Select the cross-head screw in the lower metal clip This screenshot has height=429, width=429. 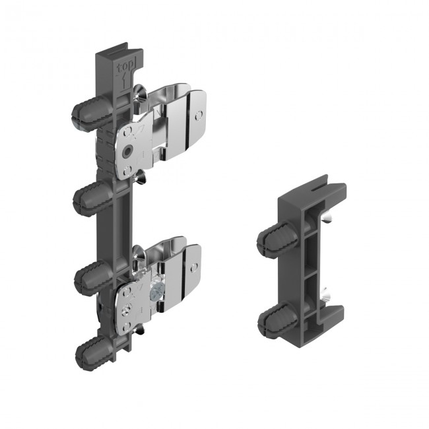(156, 291)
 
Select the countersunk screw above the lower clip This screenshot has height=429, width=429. (139, 251)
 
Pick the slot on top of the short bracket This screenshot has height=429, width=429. (315, 189)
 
